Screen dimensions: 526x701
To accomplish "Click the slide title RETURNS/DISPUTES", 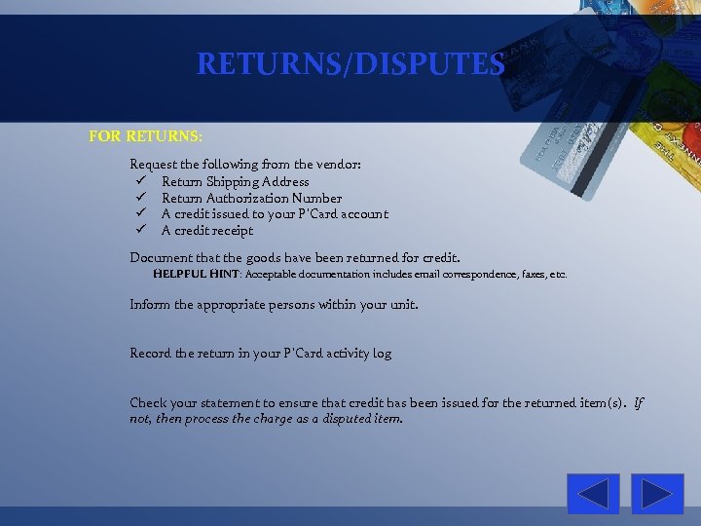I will click(350, 64).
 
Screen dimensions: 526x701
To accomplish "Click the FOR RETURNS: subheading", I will click(146, 136).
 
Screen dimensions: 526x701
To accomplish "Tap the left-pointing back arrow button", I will click(593, 494).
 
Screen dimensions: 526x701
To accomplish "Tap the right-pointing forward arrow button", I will click(657, 494).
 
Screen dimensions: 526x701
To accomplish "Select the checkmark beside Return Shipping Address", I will click(141, 181).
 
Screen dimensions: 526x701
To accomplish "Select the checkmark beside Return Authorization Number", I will click(141, 198).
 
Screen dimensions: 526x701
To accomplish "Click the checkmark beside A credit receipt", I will click(141, 231).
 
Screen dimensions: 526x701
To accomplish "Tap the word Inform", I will click(150, 304).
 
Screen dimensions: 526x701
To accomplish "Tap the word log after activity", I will click(383, 353).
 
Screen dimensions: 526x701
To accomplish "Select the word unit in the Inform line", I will click(403, 304).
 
